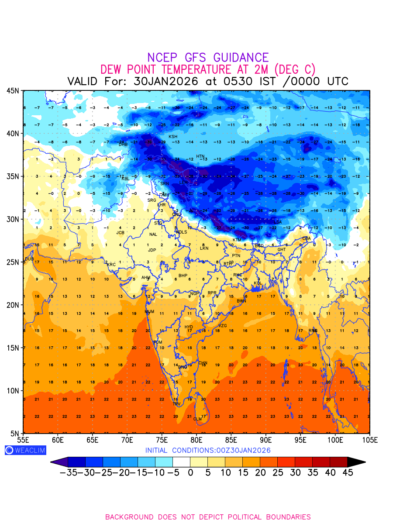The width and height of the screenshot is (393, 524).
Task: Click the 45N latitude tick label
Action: point(13,90)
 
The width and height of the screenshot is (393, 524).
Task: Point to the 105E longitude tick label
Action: point(369,440)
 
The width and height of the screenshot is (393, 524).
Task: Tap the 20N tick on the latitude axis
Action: point(13,305)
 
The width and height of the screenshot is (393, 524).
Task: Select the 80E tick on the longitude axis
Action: point(196,440)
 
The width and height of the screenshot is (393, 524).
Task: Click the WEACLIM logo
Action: point(25,450)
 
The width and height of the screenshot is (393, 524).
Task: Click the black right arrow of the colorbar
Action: point(356,462)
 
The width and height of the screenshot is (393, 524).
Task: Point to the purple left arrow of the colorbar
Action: point(59,462)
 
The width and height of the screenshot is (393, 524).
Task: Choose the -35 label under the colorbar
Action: point(69,472)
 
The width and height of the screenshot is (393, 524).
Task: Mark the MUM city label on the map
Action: point(149,312)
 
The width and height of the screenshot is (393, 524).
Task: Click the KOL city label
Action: point(258,283)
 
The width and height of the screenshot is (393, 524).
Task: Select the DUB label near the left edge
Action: point(29,259)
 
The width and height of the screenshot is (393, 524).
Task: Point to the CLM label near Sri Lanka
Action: point(197,419)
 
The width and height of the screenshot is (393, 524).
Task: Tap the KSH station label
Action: point(173,137)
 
